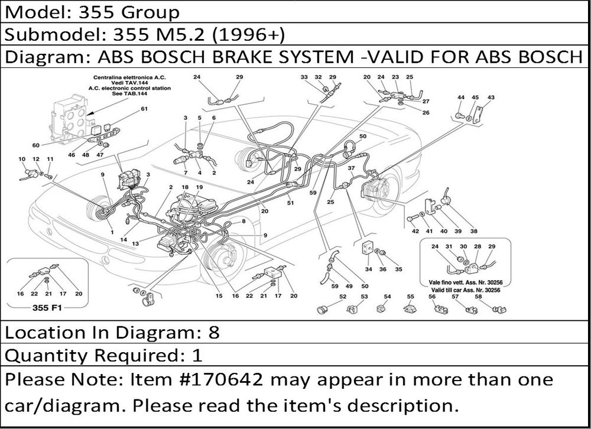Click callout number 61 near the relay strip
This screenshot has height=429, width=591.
144,109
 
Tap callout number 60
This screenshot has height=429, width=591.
35,145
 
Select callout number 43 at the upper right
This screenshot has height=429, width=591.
491,97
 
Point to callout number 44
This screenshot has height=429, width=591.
461,97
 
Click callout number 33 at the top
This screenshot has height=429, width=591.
304,77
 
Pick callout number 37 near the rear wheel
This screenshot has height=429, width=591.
351,168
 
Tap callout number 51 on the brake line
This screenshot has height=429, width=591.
290,203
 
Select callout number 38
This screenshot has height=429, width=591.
474,231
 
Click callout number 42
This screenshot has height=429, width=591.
415,231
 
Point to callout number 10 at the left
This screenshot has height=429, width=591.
22,159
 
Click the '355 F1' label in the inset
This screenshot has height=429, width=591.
46,308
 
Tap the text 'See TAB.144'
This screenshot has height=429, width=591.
129,93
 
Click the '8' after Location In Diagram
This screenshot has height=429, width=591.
214,333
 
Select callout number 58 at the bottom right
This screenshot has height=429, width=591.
478,297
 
